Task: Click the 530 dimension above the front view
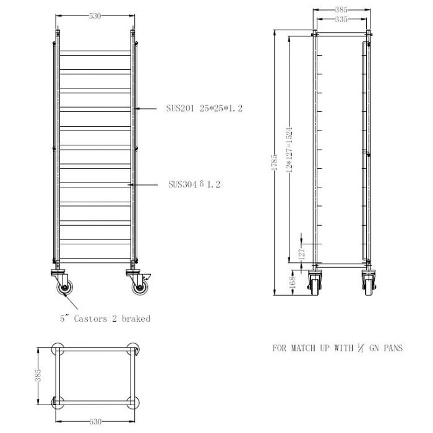coord(95,17)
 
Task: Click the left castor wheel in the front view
coord(62,288)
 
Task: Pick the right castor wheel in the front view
coord(135,288)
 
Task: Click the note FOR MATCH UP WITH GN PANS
coord(337,348)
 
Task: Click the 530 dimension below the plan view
coord(95,421)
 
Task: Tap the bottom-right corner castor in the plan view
coord(132,402)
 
